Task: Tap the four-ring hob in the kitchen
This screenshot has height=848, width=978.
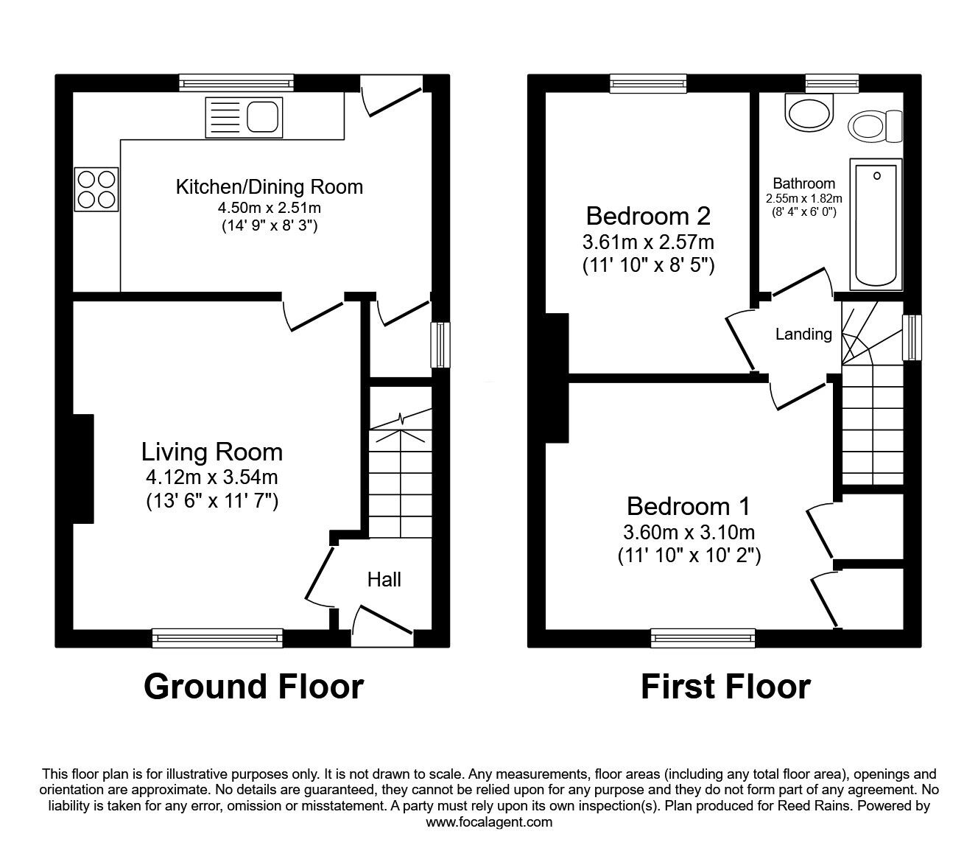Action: pyautogui.click(x=96, y=189)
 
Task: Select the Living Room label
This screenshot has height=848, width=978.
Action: pyautogui.click(x=211, y=451)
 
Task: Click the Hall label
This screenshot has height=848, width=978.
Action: pyautogui.click(x=384, y=580)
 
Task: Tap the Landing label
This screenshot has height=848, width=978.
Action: pyautogui.click(x=803, y=334)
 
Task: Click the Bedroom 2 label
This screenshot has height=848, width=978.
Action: pyautogui.click(x=648, y=216)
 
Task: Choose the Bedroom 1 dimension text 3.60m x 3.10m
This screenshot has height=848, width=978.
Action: pyautogui.click(x=689, y=532)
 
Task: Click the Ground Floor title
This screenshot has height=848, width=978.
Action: pyautogui.click(x=253, y=687)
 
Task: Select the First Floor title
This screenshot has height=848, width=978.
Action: pyautogui.click(x=725, y=687)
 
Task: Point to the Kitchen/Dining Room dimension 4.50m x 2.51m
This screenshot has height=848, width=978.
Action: pyautogui.click(x=269, y=208)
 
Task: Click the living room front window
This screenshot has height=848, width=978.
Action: pyautogui.click(x=217, y=637)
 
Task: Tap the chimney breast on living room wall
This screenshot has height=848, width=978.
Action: pyautogui.click(x=83, y=469)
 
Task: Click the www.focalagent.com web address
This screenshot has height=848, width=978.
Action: pyautogui.click(x=489, y=822)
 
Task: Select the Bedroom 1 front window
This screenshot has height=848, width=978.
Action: pyautogui.click(x=703, y=637)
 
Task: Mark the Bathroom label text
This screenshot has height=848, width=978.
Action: pyautogui.click(x=803, y=183)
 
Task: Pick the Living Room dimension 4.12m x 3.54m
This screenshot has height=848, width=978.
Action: pyautogui.click(x=211, y=477)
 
